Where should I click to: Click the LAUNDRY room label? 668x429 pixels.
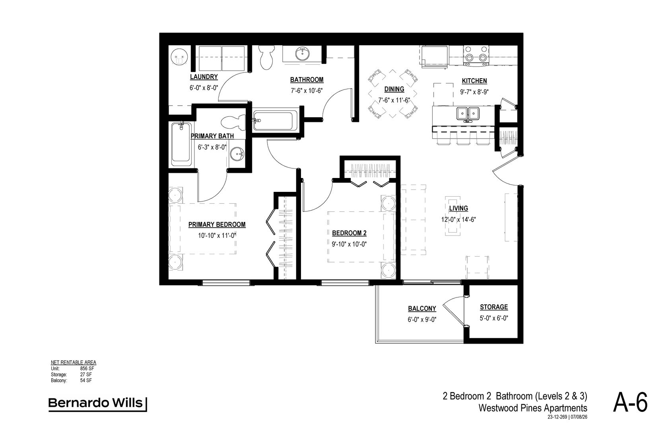[204, 77]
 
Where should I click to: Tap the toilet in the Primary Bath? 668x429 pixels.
[233, 123]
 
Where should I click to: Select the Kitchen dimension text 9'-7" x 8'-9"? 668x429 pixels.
[474, 92]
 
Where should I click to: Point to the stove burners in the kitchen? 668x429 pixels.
[476, 55]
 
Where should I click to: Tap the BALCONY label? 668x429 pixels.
[422, 308]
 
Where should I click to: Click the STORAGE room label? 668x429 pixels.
[494, 307]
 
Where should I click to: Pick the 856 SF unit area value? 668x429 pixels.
[87, 369]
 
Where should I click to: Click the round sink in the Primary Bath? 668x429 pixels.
[238, 154]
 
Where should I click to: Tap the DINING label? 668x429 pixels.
[394, 89]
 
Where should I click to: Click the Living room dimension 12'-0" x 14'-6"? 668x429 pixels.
[459, 220]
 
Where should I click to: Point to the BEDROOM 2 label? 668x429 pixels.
[349, 233]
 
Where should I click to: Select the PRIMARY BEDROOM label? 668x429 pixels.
[217, 225]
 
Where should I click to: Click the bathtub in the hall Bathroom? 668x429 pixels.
[275, 121]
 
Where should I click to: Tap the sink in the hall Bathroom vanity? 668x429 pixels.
[303, 54]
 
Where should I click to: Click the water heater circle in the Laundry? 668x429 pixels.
[179, 57]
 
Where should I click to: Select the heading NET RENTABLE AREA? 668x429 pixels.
[73, 363]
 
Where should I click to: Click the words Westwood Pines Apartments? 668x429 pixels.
[533, 408]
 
